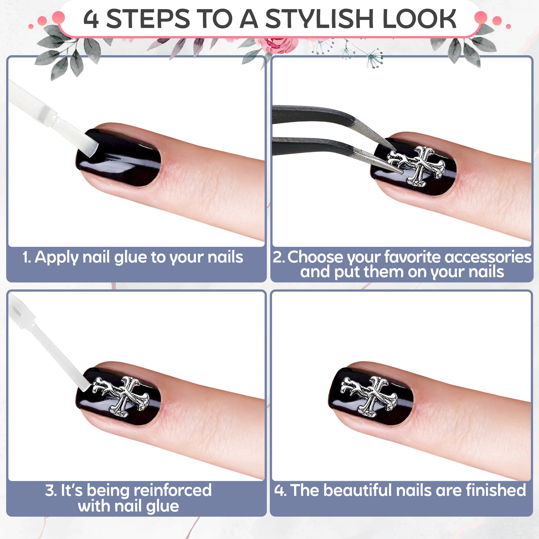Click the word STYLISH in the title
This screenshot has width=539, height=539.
pyautogui.click(x=319, y=19)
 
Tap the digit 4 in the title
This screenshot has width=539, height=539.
pyautogui.click(x=91, y=19)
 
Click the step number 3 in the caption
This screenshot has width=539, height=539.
pyautogui.click(x=50, y=490)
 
